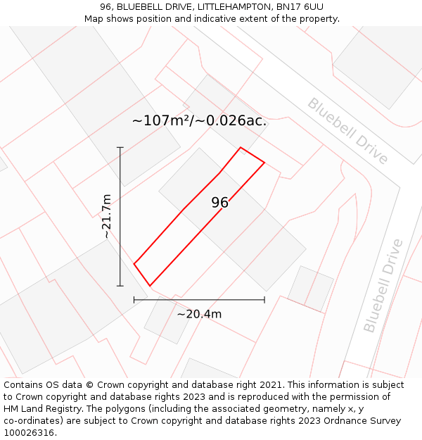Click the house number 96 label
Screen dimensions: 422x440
coord(219,203)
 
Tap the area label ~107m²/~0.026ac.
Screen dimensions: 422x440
coord(199,120)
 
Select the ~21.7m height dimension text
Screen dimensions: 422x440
coord(107,216)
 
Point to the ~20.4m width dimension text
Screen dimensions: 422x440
coord(199,314)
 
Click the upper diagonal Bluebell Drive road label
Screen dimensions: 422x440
coord(347,131)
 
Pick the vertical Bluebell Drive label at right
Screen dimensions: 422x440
coord(383,285)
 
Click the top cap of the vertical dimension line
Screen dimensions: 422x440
coord(120,148)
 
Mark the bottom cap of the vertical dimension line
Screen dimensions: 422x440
coord(120,286)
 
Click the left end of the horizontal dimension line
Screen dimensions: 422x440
coord(134,300)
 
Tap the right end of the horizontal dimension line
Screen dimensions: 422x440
coord(264,300)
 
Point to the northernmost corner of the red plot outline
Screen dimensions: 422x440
coord(241,147)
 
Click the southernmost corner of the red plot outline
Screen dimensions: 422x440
coord(149,286)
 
